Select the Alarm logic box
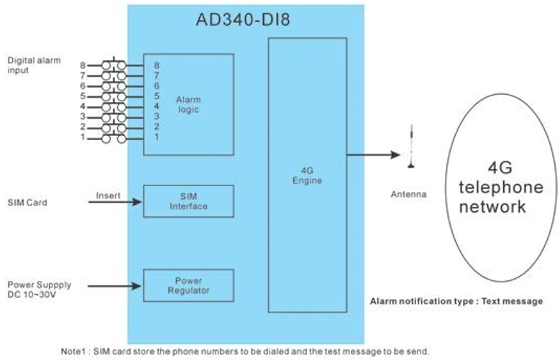188,104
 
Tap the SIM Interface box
188,201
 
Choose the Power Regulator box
188,285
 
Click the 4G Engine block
308,175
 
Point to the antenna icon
411,147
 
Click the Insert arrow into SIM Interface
115,202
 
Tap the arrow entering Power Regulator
115,286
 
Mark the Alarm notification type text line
456,301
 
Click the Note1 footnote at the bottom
244,351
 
